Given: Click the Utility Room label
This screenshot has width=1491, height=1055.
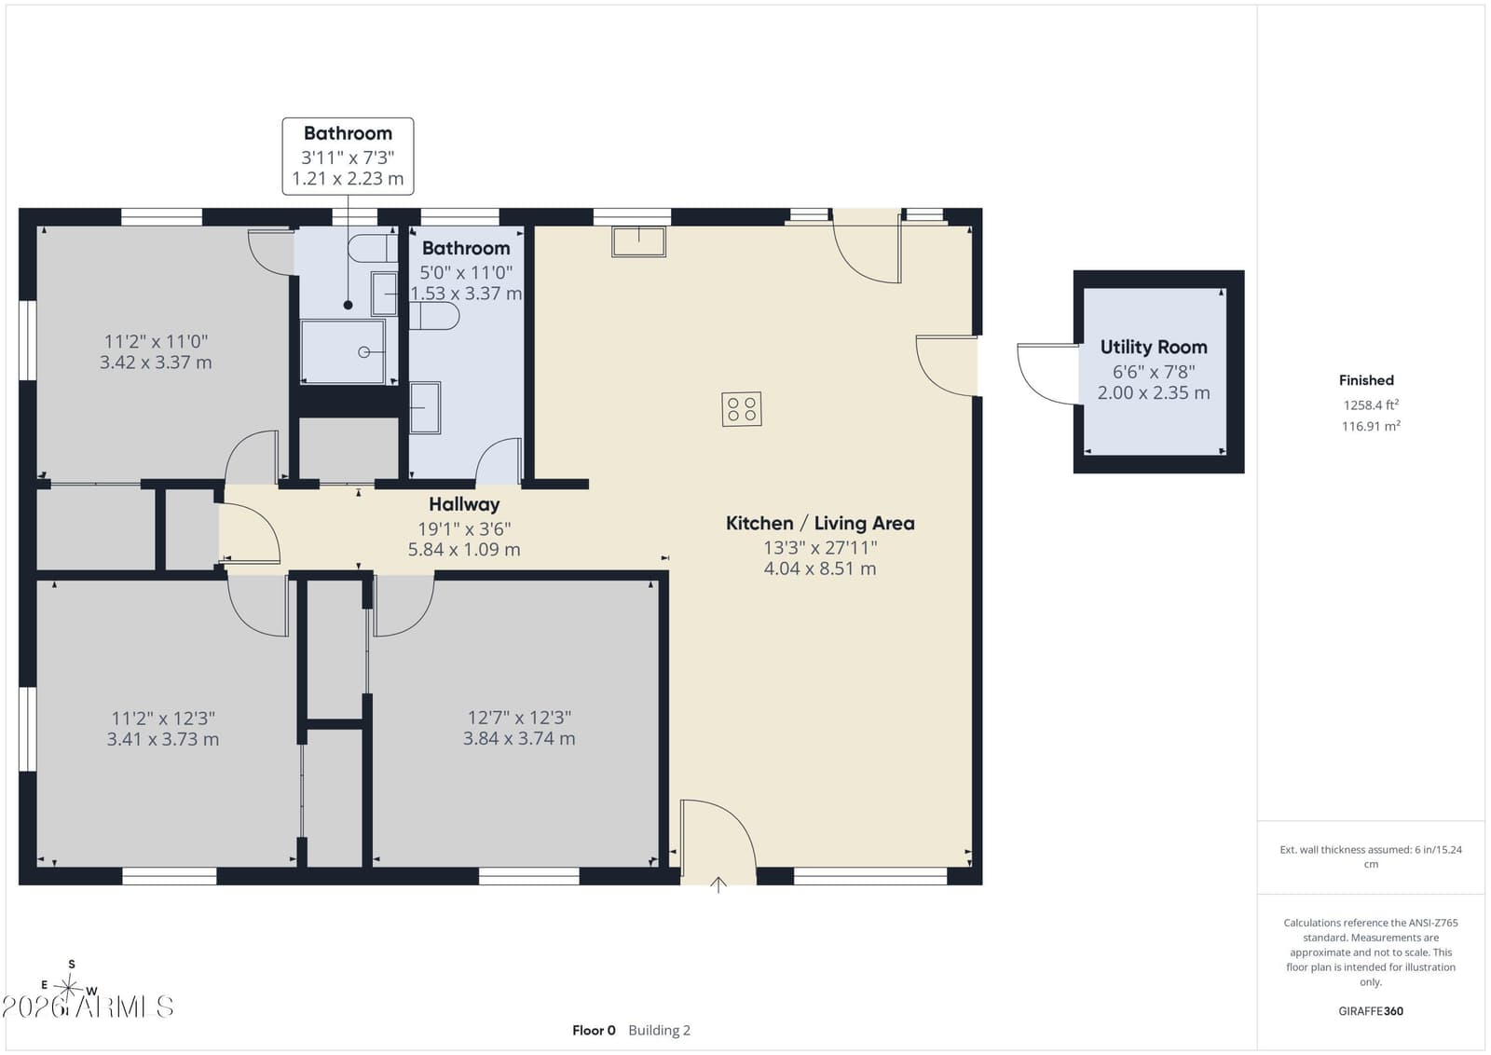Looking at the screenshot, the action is (x=1154, y=347).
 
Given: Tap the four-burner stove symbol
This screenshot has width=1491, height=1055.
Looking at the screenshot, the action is (x=742, y=409).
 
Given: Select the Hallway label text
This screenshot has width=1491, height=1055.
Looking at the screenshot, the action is (x=464, y=504).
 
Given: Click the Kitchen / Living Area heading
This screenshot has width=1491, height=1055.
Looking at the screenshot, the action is (x=820, y=523).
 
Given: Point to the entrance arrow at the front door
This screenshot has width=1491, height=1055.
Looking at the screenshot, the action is (x=718, y=884).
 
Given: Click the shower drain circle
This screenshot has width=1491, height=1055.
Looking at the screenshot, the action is (x=364, y=352).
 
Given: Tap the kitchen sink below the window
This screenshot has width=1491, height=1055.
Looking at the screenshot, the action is (x=639, y=241).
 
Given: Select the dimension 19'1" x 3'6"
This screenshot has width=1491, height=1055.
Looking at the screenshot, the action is (x=464, y=529).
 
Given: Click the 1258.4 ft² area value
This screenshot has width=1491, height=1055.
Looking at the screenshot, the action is (x=1371, y=404).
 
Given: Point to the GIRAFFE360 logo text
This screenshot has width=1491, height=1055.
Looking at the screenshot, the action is (x=1371, y=1011).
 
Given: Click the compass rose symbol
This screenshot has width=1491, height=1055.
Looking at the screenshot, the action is (x=69, y=986).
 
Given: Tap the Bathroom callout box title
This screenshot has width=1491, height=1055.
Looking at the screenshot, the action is (x=349, y=133).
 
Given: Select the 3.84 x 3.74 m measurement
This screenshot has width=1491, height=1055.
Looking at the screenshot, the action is (x=519, y=739).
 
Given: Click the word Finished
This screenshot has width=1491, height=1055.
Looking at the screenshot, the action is (x=1366, y=380).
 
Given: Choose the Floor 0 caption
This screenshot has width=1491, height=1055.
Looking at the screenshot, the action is (x=594, y=1031).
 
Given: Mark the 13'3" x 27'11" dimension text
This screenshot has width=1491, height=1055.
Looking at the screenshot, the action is (x=820, y=548).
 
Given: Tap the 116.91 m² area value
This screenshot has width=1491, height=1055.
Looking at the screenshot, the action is (x=1371, y=426).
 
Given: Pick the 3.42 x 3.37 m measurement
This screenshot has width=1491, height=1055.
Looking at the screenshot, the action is (x=156, y=363).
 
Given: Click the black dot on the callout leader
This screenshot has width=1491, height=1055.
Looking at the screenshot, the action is (x=349, y=305).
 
